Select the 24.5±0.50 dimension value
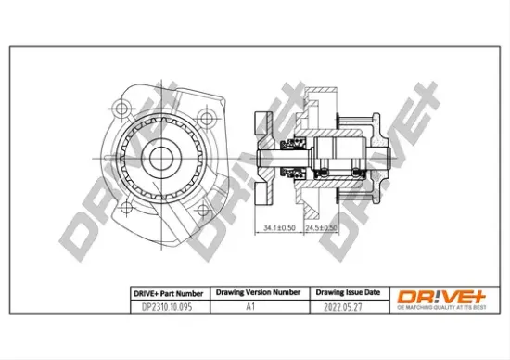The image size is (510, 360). point(322,225)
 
